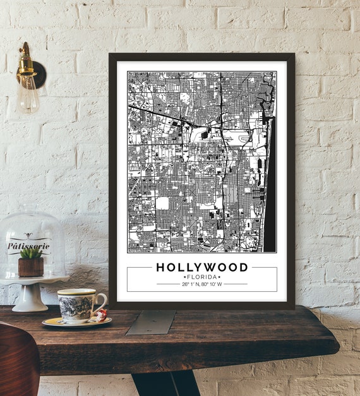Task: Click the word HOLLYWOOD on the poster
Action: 201,267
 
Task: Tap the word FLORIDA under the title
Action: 201,277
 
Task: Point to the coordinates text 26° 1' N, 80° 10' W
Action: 201,284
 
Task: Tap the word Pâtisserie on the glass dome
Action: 29,245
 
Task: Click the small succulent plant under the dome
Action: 31,253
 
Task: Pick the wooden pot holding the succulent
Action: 30,267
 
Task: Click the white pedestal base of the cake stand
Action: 30,299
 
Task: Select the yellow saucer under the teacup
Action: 76,322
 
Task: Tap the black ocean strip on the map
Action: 270,189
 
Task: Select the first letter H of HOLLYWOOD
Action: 160,267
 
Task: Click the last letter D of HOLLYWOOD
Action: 243,267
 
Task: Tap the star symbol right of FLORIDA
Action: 219,277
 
